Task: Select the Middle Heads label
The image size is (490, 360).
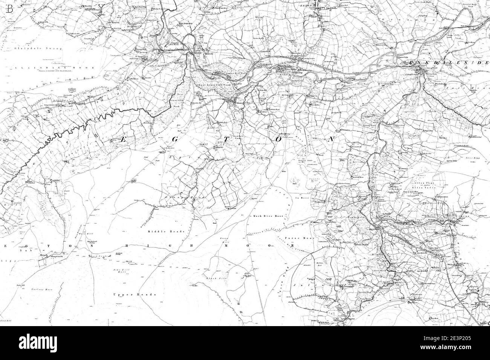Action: pyautogui.click(x=162, y=232)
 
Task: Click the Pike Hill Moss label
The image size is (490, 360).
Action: pyautogui.click(x=120, y=270)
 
